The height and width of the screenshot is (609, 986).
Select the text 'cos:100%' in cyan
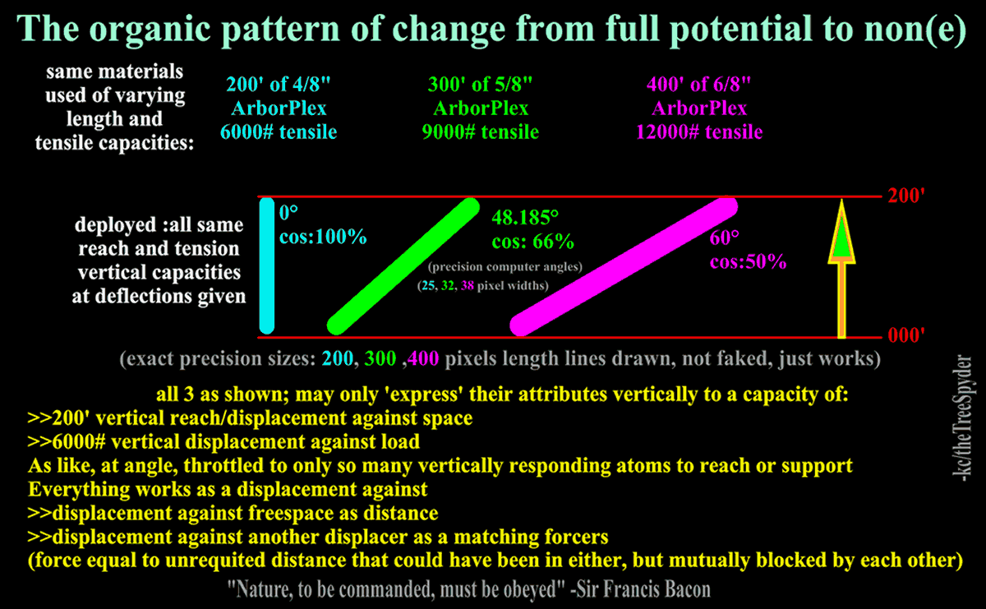click(x=323, y=238)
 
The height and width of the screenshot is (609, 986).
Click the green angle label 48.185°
click(x=525, y=218)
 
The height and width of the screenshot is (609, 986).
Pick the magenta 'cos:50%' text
click(x=749, y=263)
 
